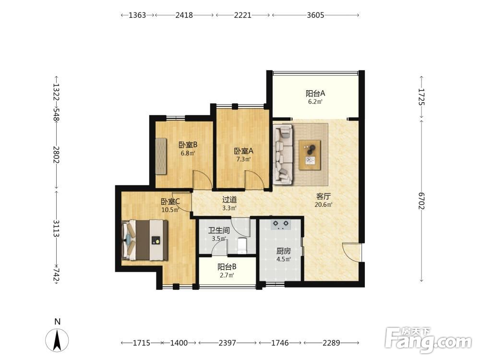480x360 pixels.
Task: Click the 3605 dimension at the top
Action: pos(315,15)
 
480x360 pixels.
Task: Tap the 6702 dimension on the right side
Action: pos(421,201)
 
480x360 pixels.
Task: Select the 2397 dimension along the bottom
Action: pos(227,343)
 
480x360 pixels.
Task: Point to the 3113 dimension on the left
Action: pos(56,228)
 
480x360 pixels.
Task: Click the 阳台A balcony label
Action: pos(315,93)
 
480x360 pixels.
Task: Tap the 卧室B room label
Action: pos(188,144)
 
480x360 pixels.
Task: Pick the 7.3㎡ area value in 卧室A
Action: pos(243,159)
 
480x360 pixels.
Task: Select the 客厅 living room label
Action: pos(323,196)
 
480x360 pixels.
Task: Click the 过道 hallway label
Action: pos(229,200)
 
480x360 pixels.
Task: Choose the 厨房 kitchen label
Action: pos(283,252)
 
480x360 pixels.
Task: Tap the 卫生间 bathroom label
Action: pos(219,230)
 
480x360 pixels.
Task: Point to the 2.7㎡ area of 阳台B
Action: pos(227,275)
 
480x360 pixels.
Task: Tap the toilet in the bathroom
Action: pos(242,245)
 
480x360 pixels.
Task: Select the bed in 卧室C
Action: pos(145,240)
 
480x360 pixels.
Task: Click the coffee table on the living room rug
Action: pos(310,155)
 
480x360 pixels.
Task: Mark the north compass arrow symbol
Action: pos(57,340)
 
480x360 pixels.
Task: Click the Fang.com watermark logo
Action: pos(429,340)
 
